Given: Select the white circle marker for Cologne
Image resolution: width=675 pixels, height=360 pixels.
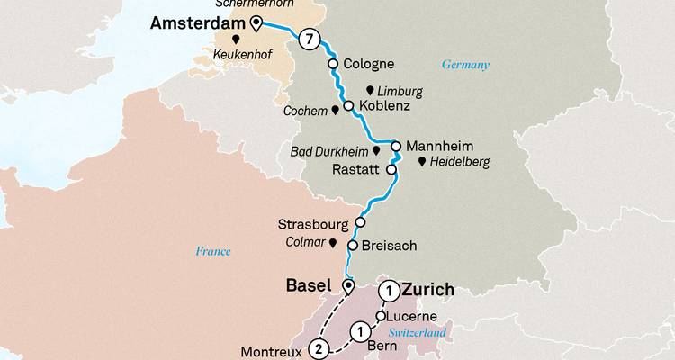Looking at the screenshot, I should [x=333, y=64].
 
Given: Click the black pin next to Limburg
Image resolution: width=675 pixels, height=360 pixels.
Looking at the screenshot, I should [x=369, y=91].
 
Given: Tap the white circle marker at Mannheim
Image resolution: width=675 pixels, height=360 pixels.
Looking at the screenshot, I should [x=395, y=146].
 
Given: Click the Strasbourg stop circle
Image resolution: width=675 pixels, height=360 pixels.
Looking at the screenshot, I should [x=360, y=222].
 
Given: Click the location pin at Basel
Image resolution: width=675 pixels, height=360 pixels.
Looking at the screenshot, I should [x=348, y=286].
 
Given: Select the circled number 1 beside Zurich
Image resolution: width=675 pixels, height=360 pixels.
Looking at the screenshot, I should [x=389, y=290].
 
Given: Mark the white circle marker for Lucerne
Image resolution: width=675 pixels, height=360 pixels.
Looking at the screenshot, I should [x=381, y=316].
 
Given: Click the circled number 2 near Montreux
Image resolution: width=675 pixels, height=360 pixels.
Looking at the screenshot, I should [x=317, y=348].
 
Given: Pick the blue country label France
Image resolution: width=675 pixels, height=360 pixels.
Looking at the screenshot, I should [x=212, y=252].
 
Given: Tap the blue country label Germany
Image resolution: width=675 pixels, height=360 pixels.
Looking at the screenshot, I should [x=465, y=65].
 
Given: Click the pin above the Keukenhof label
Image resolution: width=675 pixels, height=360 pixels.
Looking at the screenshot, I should [x=236, y=40].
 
